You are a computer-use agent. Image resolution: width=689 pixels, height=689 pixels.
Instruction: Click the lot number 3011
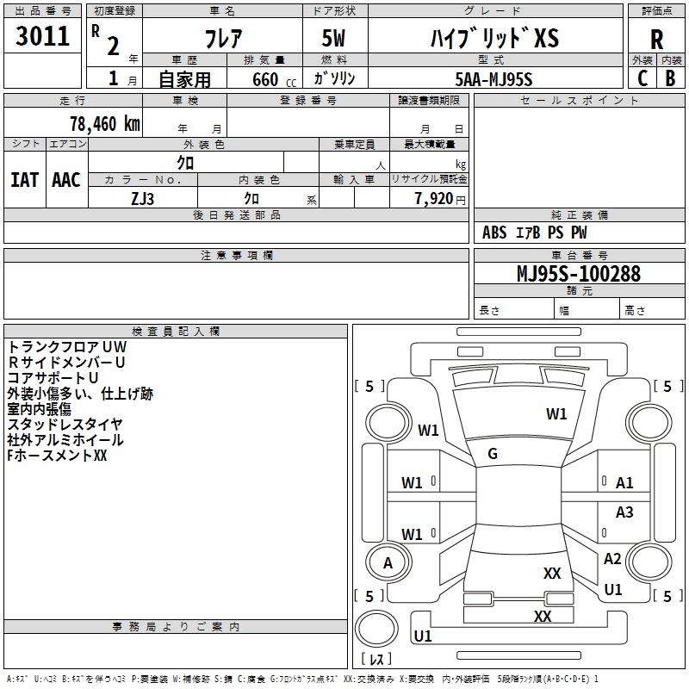pyautogui.click(x=42, y=36)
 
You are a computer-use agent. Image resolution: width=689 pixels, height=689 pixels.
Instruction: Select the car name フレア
pyautogui.click(x=222, y=39)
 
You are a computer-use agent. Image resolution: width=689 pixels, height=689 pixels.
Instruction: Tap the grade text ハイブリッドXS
pyautogui.click(x=494, y=39)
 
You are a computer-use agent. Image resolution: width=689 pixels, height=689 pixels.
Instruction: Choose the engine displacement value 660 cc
pyautogui.click(x=259, y=79)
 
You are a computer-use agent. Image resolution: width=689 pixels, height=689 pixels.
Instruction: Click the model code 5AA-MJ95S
pyautogui.click(x=493, y=79)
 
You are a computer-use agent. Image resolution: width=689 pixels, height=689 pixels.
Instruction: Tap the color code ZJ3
pyautogui.click(x=143, y=197)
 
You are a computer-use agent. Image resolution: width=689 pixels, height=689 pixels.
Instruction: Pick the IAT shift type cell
pyautogui.click(x=25, y=180)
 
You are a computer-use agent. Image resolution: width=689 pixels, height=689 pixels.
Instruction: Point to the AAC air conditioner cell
pyautogui.click(x=65, y=180)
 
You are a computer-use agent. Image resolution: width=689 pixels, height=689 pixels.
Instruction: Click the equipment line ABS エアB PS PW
pyautogui.click(x=535, y=233)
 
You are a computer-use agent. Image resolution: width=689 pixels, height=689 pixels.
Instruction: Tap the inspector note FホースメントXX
pyautogui.click(x=57, y=455)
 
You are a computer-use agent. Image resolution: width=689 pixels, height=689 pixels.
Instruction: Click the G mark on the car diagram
pyautogui.click(x=493, y=454)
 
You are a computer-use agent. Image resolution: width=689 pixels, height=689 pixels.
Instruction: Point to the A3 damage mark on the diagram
pyautogui.click(x=624, y=512)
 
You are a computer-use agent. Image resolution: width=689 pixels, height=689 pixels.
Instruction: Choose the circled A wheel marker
pyautogui.click(x=388, y=562)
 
